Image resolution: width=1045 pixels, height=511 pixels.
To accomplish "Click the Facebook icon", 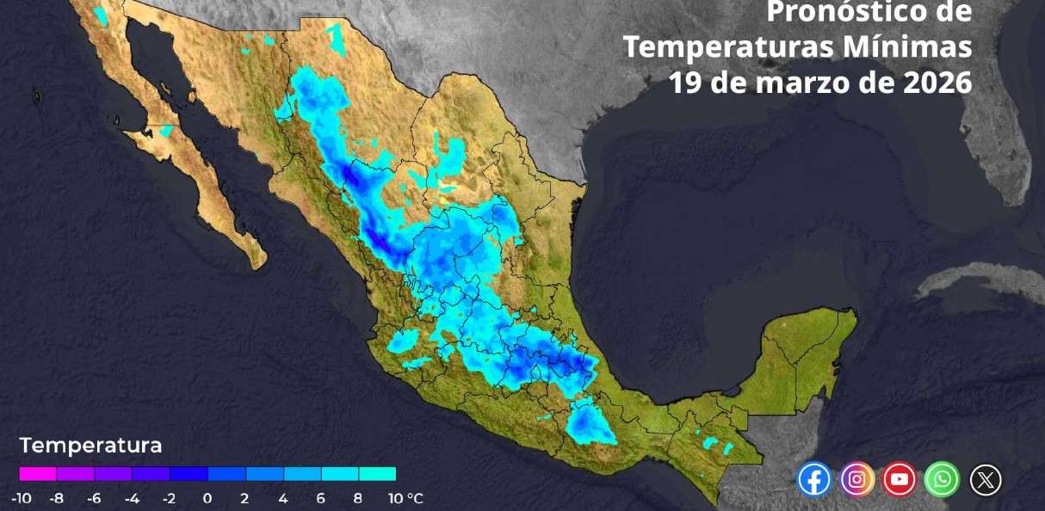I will tap(814, 479).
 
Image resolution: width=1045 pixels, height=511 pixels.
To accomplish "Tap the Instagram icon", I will tap(856, 479).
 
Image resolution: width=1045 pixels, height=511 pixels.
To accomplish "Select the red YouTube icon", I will tap(900, 479).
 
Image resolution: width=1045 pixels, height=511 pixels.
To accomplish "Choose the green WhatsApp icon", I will tap(942, 479).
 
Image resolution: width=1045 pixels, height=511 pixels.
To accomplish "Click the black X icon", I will tap(986, 479).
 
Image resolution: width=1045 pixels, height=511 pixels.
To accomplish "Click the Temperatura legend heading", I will tap(90, 446).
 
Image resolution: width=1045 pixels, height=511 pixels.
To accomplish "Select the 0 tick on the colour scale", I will tap(207, 498).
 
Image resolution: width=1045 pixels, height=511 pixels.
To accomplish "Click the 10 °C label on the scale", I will tap(405, 498).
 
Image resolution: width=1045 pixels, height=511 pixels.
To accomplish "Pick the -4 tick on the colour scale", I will tap(132, 498).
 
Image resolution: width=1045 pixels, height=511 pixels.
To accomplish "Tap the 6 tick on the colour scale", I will tap(320, 498).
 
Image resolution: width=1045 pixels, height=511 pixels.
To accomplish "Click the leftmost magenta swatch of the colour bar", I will tap(38, 474).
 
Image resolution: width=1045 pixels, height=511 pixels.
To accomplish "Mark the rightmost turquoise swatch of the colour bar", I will tap(377, 474).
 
